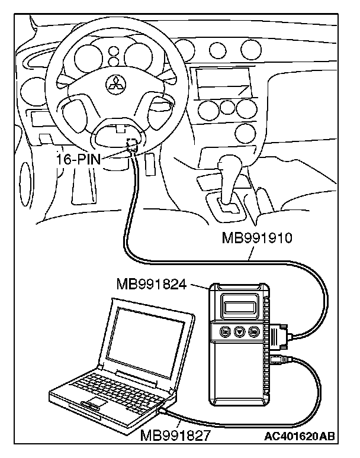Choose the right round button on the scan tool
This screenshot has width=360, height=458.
[255, 332]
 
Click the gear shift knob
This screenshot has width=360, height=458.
[226, 164]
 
